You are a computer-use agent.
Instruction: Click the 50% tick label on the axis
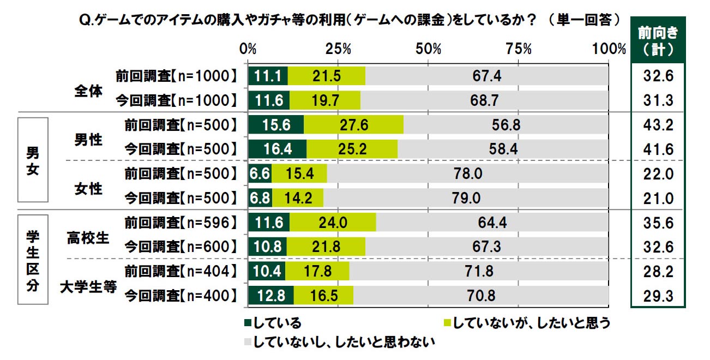point(428,49)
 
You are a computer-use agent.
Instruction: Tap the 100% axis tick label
point(608,49)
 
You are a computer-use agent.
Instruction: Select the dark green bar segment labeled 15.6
point(276,125)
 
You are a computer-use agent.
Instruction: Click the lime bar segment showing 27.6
point(353,125)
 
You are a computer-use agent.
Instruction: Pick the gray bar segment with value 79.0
point(466,198)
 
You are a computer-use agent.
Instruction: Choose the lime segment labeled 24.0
point(333,223)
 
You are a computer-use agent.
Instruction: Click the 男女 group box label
point(33,162)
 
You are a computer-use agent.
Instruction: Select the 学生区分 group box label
point(33,259)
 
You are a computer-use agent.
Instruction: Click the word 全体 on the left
point(88,90)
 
